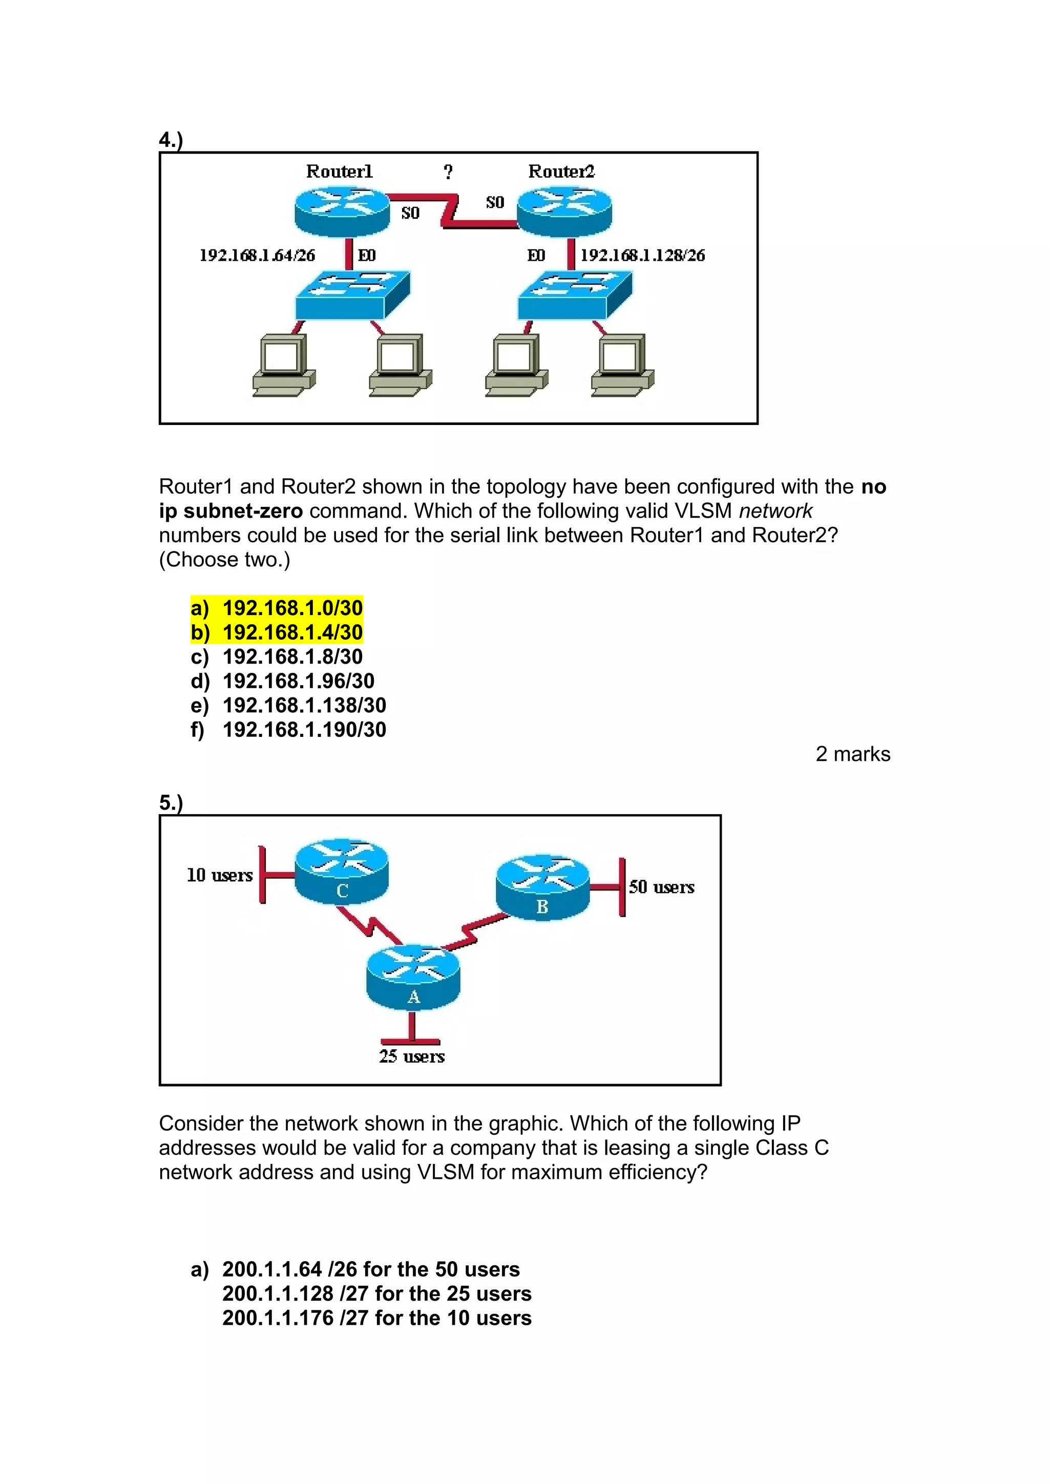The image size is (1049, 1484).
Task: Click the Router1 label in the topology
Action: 339,171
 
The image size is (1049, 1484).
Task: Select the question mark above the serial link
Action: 448,172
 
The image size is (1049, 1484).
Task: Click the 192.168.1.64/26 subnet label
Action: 257,256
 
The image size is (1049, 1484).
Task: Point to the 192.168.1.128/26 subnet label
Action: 642,256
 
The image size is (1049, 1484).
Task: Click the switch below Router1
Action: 352,295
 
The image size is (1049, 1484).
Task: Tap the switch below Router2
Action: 575,295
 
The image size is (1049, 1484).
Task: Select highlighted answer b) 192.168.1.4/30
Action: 277,632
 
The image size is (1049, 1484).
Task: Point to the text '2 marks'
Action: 852,754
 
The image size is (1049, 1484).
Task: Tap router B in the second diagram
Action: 542,887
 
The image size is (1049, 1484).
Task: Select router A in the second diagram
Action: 413,978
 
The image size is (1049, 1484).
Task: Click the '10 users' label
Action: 220,875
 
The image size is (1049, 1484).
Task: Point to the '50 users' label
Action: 662,887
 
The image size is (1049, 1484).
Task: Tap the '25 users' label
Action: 412,1056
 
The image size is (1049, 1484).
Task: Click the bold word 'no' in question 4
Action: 873,486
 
